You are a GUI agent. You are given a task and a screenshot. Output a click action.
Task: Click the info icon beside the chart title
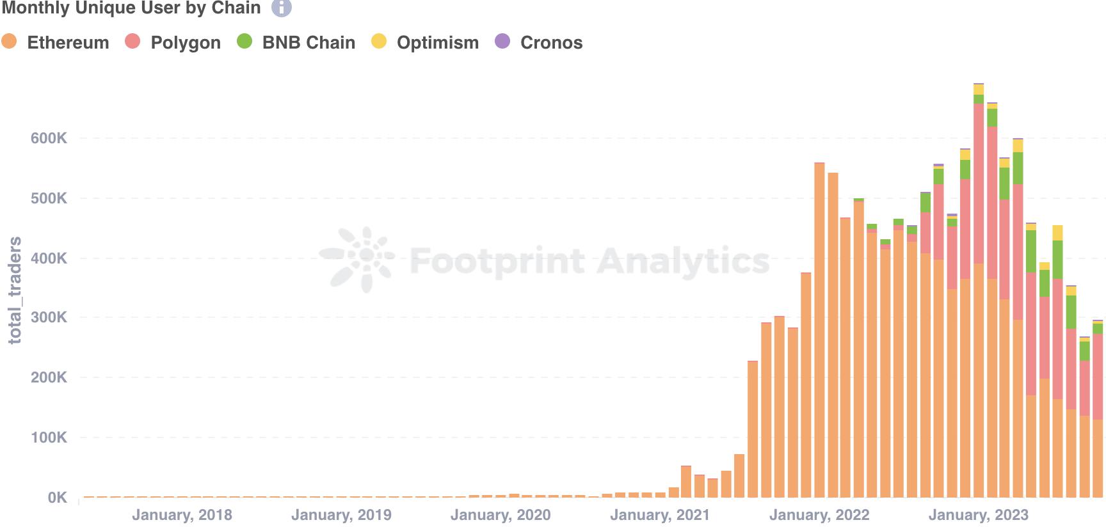pos(281,8)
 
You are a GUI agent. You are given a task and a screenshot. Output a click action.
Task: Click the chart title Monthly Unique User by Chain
pos(131,8)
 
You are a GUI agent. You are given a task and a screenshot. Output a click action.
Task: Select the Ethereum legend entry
pos(56,42)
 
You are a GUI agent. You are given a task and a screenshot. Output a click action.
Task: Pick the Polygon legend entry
pos(174,42)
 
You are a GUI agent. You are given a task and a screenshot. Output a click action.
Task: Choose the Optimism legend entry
pos(426,42)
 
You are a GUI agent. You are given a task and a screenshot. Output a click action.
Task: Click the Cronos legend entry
pos(540,42)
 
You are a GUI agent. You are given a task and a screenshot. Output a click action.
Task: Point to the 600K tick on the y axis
pos(49,138)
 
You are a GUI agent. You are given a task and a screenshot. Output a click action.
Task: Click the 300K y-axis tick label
pos(49,318)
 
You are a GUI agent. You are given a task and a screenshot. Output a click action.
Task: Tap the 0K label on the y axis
pos(56,498)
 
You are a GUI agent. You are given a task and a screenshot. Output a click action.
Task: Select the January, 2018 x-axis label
pos(182,515)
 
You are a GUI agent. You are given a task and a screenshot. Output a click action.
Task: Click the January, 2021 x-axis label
pos(660,515)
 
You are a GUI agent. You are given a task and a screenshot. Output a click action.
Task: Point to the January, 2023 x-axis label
pos(978,515)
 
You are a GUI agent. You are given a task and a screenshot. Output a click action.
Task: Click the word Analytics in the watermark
pos(683,261)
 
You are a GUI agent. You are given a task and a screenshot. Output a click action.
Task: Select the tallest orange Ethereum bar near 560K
pos(819,333)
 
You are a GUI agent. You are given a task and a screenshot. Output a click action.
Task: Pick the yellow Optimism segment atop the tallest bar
pos(979,90)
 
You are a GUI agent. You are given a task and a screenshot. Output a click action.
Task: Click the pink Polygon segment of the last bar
pos(1098,377)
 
